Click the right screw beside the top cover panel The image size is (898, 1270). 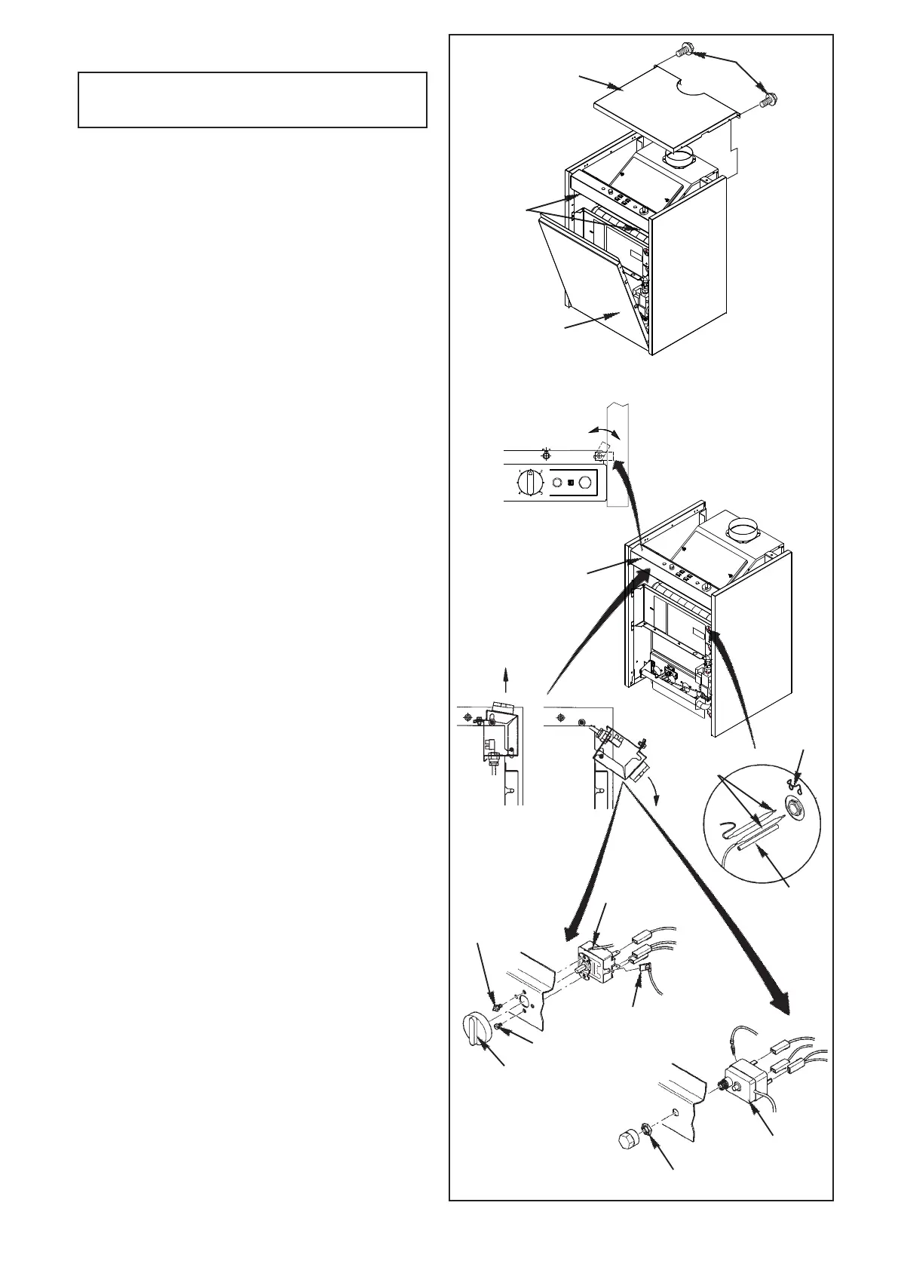pos(771,98)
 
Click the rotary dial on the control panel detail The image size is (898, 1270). pos(529,481)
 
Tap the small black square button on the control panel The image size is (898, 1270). pos(571,482)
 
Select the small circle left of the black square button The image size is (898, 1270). pos(555,482)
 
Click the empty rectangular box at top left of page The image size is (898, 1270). pos(253,100)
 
